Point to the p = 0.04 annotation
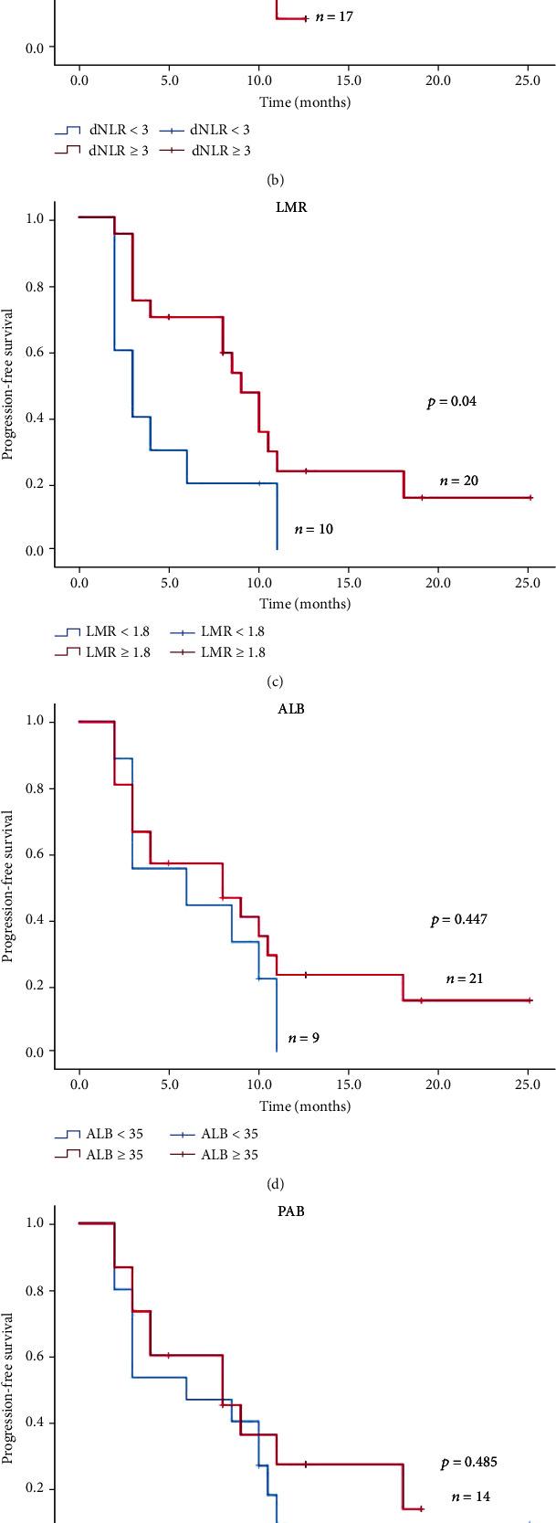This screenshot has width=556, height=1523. [x=451, y=402]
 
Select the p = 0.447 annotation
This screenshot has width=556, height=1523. [x=458, y=920]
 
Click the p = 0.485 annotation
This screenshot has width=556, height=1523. [x=468, y=1463]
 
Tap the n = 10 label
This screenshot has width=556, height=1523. [x=313, y=529]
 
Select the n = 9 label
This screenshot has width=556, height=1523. [x=303, y=1038]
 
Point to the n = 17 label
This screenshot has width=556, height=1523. [x=334, y=16]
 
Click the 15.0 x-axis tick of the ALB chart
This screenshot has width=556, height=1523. [x=349, y=1084]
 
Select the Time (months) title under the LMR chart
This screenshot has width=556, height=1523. [x=304, y=603]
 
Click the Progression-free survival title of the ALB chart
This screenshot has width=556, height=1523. [x=9, y=886]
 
